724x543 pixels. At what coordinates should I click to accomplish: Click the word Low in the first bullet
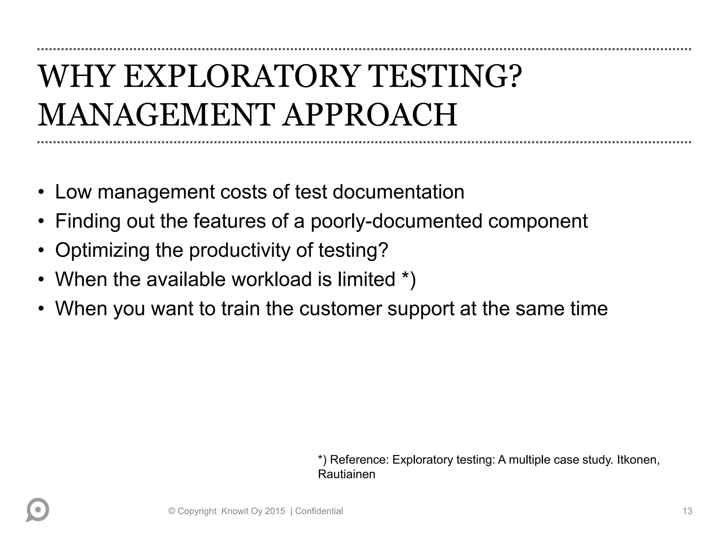73,192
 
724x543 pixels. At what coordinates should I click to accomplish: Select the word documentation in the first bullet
398,192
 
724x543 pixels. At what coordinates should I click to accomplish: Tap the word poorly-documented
396,221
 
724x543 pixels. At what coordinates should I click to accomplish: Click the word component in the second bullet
538,221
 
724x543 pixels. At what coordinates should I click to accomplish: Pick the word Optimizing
102,250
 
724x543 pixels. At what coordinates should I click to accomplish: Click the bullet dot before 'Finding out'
41,222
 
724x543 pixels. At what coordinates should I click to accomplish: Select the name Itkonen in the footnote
638,460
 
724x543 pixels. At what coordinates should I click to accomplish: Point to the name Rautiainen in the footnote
346,474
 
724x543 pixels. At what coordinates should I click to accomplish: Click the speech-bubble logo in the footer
37,510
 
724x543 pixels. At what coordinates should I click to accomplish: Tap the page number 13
687,511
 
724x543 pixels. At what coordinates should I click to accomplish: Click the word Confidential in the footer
319,511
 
